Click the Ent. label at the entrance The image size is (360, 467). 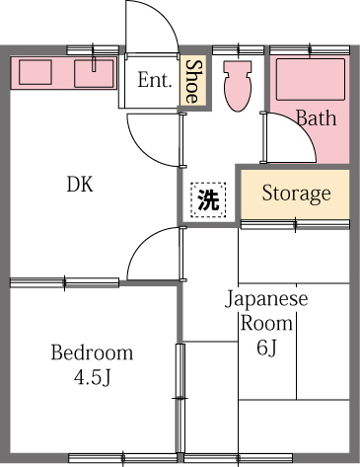click(x=155, y=80)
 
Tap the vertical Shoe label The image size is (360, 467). click(x=193, y=80)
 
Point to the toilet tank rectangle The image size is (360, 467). click(x=238, y=69)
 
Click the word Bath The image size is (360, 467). click(x=316, y=118)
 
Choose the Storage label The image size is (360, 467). click(x=296, y=193)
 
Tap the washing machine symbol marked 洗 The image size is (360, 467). click(x=207, y=200)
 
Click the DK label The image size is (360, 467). click(x=80, y=185)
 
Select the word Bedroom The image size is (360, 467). click(x=92, y=352)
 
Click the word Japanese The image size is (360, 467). click(x=266, y=299)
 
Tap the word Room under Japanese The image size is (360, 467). click(x=266, y=323)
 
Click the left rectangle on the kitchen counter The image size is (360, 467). click(x=37, y=72)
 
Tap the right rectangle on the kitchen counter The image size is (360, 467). click(x=96, y=71)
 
